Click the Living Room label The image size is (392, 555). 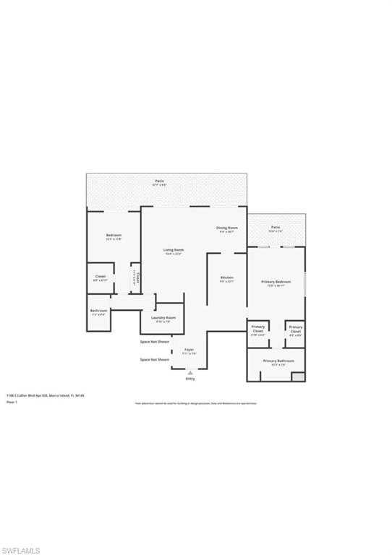174,250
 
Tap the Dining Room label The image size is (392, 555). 226,228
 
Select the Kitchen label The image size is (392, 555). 226,277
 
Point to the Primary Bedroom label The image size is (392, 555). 276,281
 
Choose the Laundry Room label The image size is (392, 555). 163,318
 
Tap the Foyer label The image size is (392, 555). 189,350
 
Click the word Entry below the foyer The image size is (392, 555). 190,378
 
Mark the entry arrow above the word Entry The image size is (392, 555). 190,372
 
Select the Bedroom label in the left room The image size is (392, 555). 114,236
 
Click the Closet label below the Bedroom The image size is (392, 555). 101,276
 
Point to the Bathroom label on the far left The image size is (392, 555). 98,311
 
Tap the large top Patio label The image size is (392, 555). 159,181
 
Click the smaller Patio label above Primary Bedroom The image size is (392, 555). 276,226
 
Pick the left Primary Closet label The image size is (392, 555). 258,328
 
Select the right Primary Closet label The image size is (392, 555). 295,328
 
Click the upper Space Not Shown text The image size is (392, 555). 155,341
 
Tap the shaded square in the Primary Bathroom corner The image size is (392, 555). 298,377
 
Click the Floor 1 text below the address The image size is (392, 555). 11,402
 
